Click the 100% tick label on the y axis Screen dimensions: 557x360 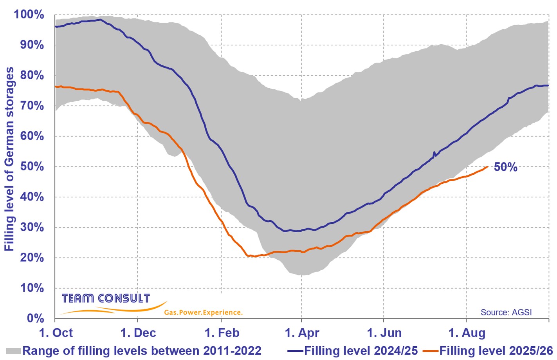pos(29,14)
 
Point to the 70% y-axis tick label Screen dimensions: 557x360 pos(32,106)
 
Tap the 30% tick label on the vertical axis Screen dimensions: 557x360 pos(32,227)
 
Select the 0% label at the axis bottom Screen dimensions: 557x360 pos(35,318)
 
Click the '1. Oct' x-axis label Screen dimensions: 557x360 pos(56,333)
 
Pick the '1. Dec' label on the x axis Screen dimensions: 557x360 pos(138,333)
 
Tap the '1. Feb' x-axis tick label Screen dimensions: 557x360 pos(222,333)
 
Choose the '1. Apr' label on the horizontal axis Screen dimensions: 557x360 pos(302,333)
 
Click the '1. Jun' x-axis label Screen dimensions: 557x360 pos(384,333)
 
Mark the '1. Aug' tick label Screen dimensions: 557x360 pos(467,333)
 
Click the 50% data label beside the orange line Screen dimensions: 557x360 pos(505,167)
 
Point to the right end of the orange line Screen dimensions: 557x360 pos(488,167)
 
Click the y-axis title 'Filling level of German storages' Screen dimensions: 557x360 pos(9,159)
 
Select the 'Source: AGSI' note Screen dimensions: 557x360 pos(506,312)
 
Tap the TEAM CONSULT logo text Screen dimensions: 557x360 pos(106,298)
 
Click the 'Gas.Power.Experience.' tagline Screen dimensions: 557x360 pos(203,313)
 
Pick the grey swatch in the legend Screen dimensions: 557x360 pos(13,351)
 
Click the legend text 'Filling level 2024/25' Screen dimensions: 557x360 pos(361,351)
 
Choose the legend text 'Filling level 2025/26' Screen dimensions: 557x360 pos(496,351)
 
